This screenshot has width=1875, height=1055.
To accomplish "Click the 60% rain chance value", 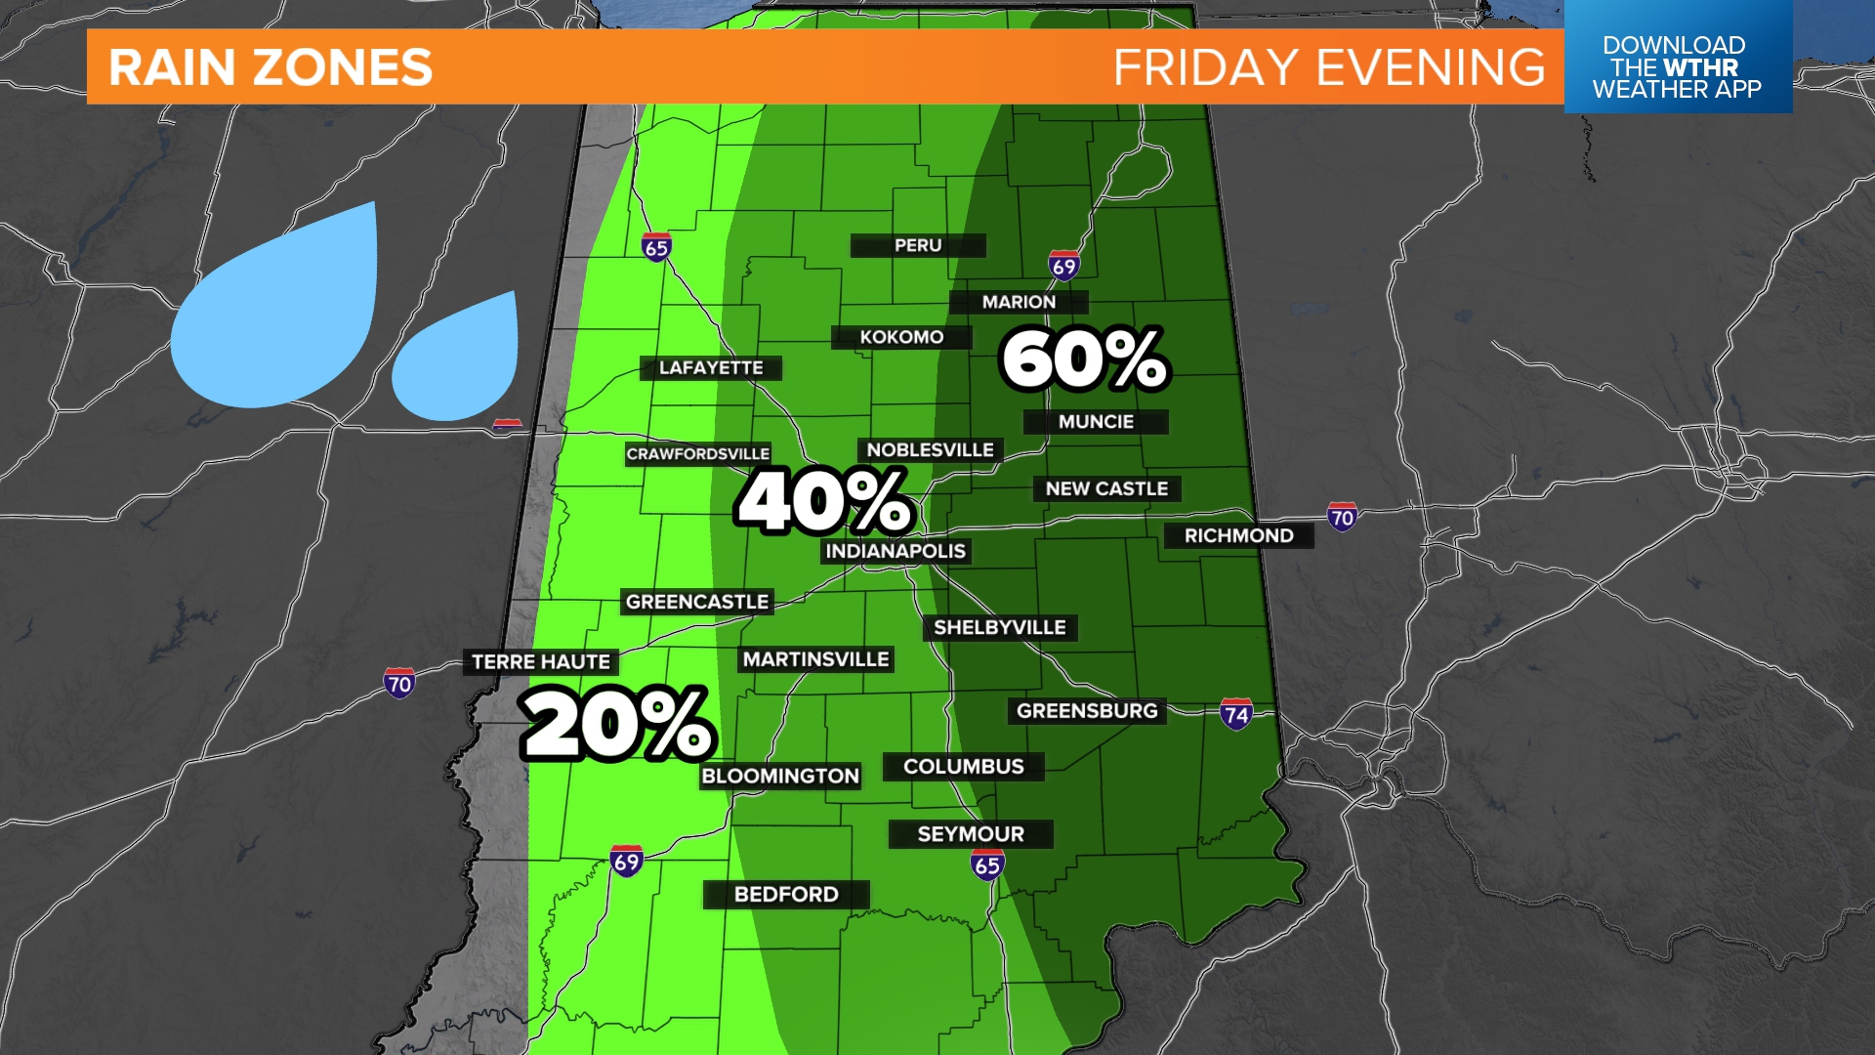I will click(1084, 359).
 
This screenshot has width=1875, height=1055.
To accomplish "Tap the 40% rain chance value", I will click(825, 502).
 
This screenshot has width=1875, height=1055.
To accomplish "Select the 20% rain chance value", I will click(617, 724).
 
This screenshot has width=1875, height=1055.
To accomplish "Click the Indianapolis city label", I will click(896, 551).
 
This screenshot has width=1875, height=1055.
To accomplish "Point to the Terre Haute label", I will click(541, 662).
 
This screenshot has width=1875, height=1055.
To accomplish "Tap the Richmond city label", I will click(1238, 535).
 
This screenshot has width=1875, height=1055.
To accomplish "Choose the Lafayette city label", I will click(711, 368).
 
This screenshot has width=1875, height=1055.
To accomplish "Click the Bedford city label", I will click(786, 894).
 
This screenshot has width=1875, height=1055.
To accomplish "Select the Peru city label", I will click(918, 245).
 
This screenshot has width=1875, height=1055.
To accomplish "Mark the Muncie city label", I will click(1096, 422).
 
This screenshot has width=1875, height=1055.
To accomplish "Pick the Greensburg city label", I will click(1087, 711).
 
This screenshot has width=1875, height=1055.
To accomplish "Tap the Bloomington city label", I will click(780, 776).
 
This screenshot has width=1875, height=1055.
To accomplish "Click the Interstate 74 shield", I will click(1236, 714).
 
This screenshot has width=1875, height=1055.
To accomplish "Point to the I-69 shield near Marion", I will click(1063, 266).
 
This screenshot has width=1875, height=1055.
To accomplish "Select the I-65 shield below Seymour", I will click(987, 865).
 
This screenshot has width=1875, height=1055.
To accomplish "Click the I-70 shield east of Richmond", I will click(1342, 517).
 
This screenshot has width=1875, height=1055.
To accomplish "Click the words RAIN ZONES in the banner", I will click(271, 67).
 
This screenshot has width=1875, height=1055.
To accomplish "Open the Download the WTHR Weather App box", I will click(1677, 66).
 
